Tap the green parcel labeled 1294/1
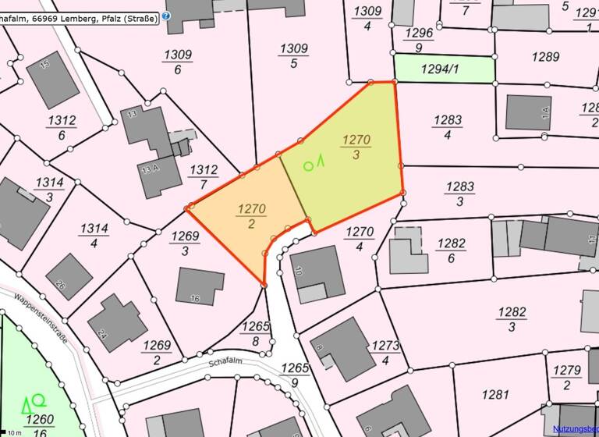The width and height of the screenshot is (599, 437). (x=444, y=69)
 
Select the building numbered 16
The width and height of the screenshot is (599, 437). (x=200, y=286)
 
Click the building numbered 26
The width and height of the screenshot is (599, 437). (x=69, y=276)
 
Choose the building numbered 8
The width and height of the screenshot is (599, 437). (x=342, y=349)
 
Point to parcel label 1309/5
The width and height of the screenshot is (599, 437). (x=293, y=55)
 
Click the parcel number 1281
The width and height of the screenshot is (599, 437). (x=495, y=395)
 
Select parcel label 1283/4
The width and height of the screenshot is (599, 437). (x=448, y=127)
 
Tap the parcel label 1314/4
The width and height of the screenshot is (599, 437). (x=94, y=235)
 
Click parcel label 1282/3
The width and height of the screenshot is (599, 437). (x=512, y=318)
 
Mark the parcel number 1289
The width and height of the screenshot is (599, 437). (x=546, y=56)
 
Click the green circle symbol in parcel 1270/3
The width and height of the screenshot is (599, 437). (x=308, y=165)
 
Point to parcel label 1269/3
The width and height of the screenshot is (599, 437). (x=185, y=243)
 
